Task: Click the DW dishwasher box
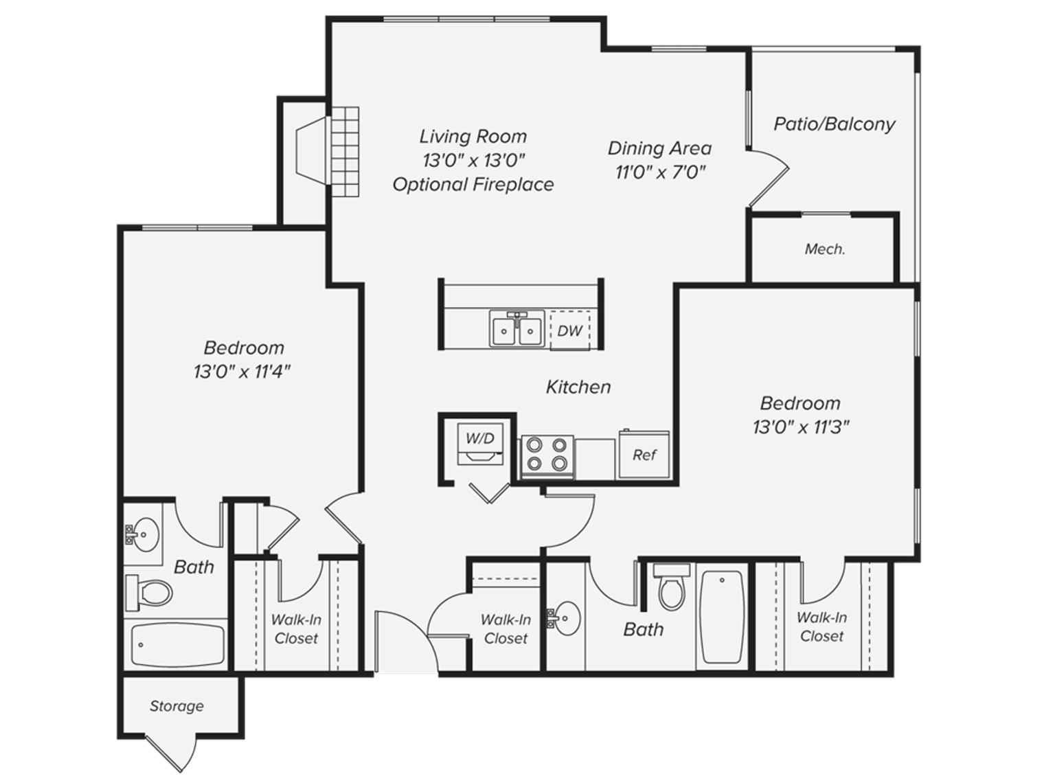pyautogui.click(x=569, y=330)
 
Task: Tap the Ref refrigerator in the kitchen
pyautogui.click(x=644, y=454)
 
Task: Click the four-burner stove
pyautogui.click(x=547, y=454)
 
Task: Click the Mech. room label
pyautogui.click(x=825, y=249)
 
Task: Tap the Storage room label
pyautogui.click(x=177, y=706)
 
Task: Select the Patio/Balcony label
pyautogui.click(x=835, y=124)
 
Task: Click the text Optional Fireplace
pyautogui.click(x=473, y=184)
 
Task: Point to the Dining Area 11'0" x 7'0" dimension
pyautogui.click(x=660, y=172)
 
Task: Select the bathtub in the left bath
pyautogui.click(x=177, y=644)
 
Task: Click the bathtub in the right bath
pyautogui.click(x=721, y=616)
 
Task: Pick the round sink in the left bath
pyautogui.click(x=144, y=532)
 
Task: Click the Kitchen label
pyautogui.click(x=578, y=387)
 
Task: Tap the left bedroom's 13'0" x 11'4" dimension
pyautogui.click(x=243, y=372)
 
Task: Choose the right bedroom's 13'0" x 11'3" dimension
pyautogui.click(x=801, y=427)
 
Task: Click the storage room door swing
pyautogui.click(x=170, y=753)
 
